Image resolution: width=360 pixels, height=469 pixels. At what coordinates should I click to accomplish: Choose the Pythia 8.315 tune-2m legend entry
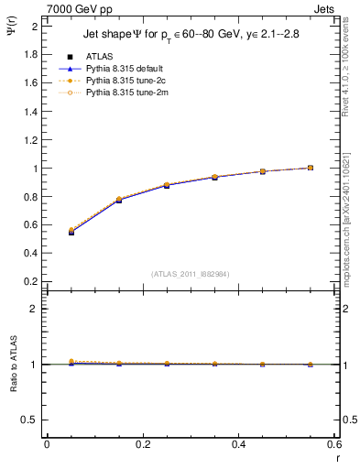point(121,93)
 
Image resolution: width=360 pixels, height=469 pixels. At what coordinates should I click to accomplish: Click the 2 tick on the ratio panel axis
point(33,309)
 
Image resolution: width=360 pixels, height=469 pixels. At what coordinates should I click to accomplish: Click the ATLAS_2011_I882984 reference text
point(191,273)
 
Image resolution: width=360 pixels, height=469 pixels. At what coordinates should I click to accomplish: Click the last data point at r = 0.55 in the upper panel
point(311,168)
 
